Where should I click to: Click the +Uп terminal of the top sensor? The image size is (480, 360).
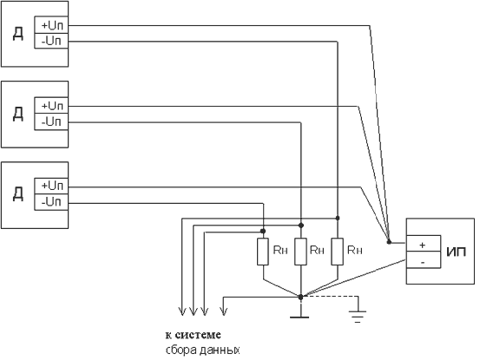pos(51,25)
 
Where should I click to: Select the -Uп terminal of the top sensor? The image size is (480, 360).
pos(51,41)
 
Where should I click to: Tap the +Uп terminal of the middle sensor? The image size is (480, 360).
pos(51,106)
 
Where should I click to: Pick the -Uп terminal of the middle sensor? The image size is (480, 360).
pos(51,121)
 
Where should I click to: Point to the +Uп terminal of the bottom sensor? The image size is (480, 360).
pos(51,186)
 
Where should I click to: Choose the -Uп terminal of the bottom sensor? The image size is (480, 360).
pos(51,202)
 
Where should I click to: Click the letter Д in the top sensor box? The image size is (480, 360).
pos(18,34)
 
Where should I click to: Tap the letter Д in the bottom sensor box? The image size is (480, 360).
pos(18,194)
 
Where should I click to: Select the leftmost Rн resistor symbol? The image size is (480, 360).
pos(263,252)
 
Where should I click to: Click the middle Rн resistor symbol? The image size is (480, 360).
pos(300,252)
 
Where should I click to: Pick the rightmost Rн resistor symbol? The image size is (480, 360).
pos(337,252)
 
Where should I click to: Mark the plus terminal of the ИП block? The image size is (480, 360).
pos(424,244)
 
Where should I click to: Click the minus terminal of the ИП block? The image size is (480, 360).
pos(424,260)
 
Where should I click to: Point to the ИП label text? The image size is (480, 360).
pos(456,252)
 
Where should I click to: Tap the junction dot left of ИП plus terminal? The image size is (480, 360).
pos(389,242)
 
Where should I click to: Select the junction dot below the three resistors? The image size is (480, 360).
pos(300,297)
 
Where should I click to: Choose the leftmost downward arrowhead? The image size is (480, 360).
pos(182,311)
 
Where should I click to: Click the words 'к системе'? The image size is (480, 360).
pos(194,335)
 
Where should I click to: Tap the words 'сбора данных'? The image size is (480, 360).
pos(202,350)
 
